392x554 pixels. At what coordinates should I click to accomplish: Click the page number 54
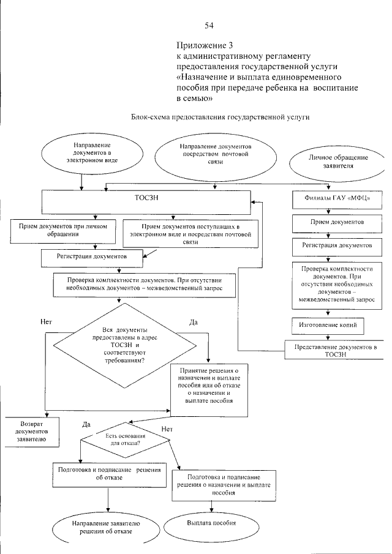click(x=209, y=25)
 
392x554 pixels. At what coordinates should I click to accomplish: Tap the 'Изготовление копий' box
click(x=328, y=323)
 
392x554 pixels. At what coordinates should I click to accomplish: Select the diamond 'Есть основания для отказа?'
click(x=127, y=438)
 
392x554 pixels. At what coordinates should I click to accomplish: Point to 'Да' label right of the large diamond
click(x=193, y=323)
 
